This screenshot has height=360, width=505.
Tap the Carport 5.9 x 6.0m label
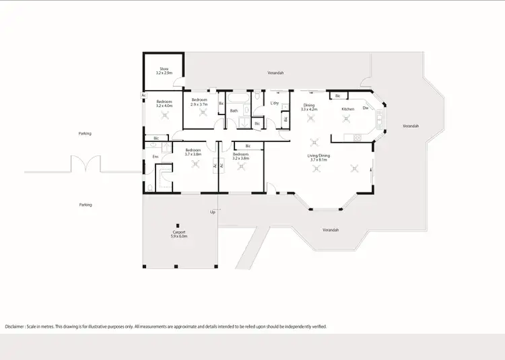coord(178,234)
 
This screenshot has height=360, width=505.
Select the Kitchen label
coord(347,108)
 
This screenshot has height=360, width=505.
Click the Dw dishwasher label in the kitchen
coord(365,108)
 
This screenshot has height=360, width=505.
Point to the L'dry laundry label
coord(275,103)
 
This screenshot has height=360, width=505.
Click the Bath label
coord(234,110)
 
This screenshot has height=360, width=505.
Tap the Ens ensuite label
coord(155,157)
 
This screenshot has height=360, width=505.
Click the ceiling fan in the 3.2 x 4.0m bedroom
coord(165,115)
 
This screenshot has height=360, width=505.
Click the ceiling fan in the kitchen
coord(347,119)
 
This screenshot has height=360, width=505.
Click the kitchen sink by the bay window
coord(380,122)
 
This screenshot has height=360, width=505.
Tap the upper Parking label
coord(85,133)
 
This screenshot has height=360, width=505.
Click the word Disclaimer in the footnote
coord(17,326)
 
